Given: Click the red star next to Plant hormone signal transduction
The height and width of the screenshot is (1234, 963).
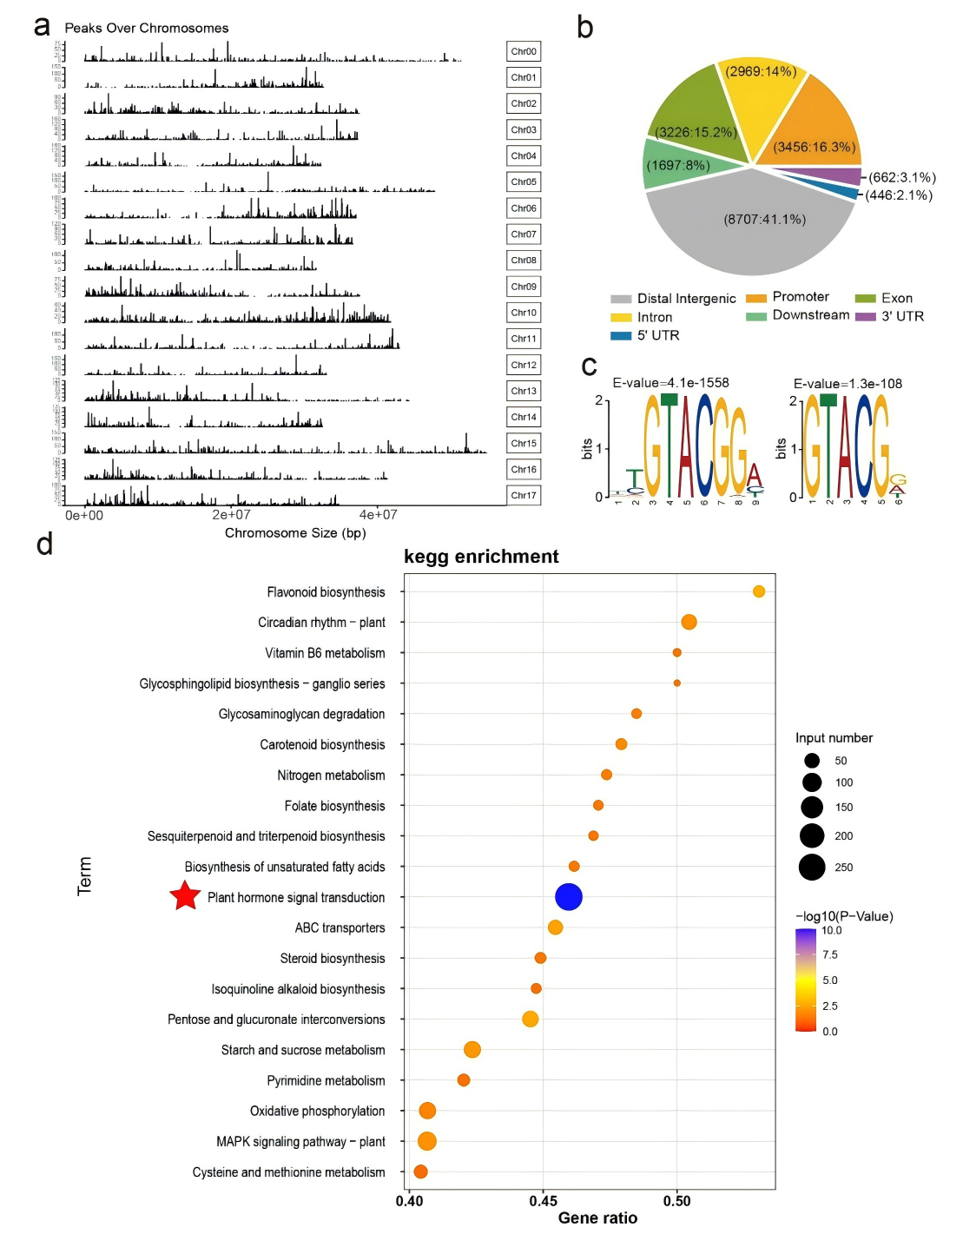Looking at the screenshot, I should pyautogui.click(x=185, y=895).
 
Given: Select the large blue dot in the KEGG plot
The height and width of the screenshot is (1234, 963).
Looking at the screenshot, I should pyautogui.click(x=568, y=896).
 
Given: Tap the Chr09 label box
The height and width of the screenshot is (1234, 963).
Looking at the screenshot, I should pyautogui.click(x=524, y=287).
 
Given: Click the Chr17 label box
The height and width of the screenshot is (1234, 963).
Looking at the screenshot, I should pyautogui.click(x=524, y=495).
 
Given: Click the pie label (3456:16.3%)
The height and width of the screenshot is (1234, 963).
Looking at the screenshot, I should pyautogui.click(x=815, y=147).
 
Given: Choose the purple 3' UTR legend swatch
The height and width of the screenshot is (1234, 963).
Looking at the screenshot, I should pyautogui.click(x=865, y=317).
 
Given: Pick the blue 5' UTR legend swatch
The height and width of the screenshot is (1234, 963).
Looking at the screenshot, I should pyautogui.click(x=621, y=336).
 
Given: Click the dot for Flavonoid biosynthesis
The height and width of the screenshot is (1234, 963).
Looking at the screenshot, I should pyautogui.click(x=759, y=591).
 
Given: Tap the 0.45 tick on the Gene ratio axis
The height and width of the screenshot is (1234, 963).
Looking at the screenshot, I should pyautogui.click(x=544, y=1201).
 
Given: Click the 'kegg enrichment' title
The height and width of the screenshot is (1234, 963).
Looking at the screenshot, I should pyautogui.click(x=481, y=557).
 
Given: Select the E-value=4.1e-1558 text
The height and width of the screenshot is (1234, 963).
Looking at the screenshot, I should pyautogui.click(x=670, y=383).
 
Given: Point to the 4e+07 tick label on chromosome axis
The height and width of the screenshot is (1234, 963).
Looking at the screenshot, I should pyautogui.click(x=378, y=515).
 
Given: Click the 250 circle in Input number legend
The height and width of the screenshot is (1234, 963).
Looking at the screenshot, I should pyautogui.click(x=812, y=867).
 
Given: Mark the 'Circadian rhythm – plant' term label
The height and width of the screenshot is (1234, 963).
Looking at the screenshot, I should pyautogui.click(x=321, y=623).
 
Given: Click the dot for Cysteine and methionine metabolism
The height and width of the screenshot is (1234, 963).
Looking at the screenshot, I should pyautogui.click(x=420, y=1171).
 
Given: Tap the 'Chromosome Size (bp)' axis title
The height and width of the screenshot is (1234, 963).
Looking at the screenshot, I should pyautogui.click(x=295, y=533).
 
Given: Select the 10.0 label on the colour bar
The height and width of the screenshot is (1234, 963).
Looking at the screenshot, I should pyautogui.click(x=831, y=930).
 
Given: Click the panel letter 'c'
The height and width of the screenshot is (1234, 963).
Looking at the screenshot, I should pyautogui.click(x=589, y=366).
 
